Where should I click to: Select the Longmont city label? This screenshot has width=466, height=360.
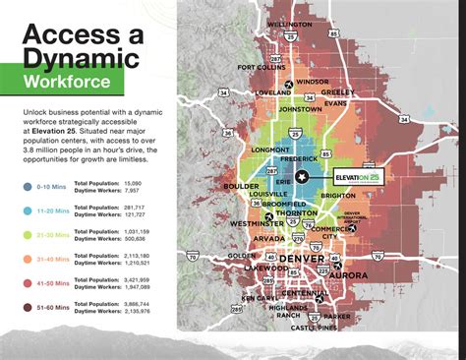(270, 150)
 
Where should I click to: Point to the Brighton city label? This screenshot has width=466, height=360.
(336, 196)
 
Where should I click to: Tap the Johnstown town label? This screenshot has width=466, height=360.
(300, 111)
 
